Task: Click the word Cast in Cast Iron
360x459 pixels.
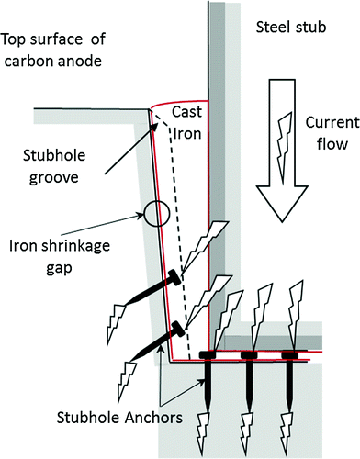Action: [188, 112]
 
